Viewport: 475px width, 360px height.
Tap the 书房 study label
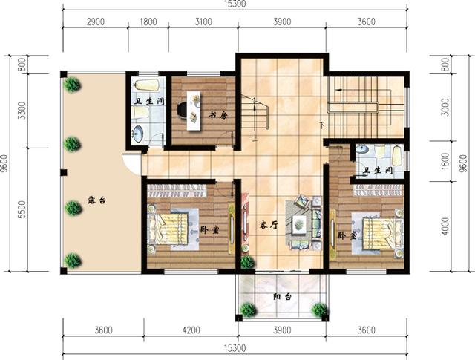pyautogui.click(x=217, y=115)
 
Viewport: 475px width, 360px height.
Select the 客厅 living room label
pyautogui.click(x=269, y=225)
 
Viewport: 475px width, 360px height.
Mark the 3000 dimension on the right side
pyautogui.click(x=445, y=107)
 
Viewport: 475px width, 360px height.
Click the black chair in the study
pyautogui.click(x=182, y=109)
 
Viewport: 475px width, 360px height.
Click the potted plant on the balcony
pyautogui.click(x=319, y=310)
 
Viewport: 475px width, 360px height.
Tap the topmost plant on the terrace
pyautogui.click(x=72, y=84)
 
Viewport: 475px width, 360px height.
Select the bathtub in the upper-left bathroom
pyautogui.click(x=146, y=85)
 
